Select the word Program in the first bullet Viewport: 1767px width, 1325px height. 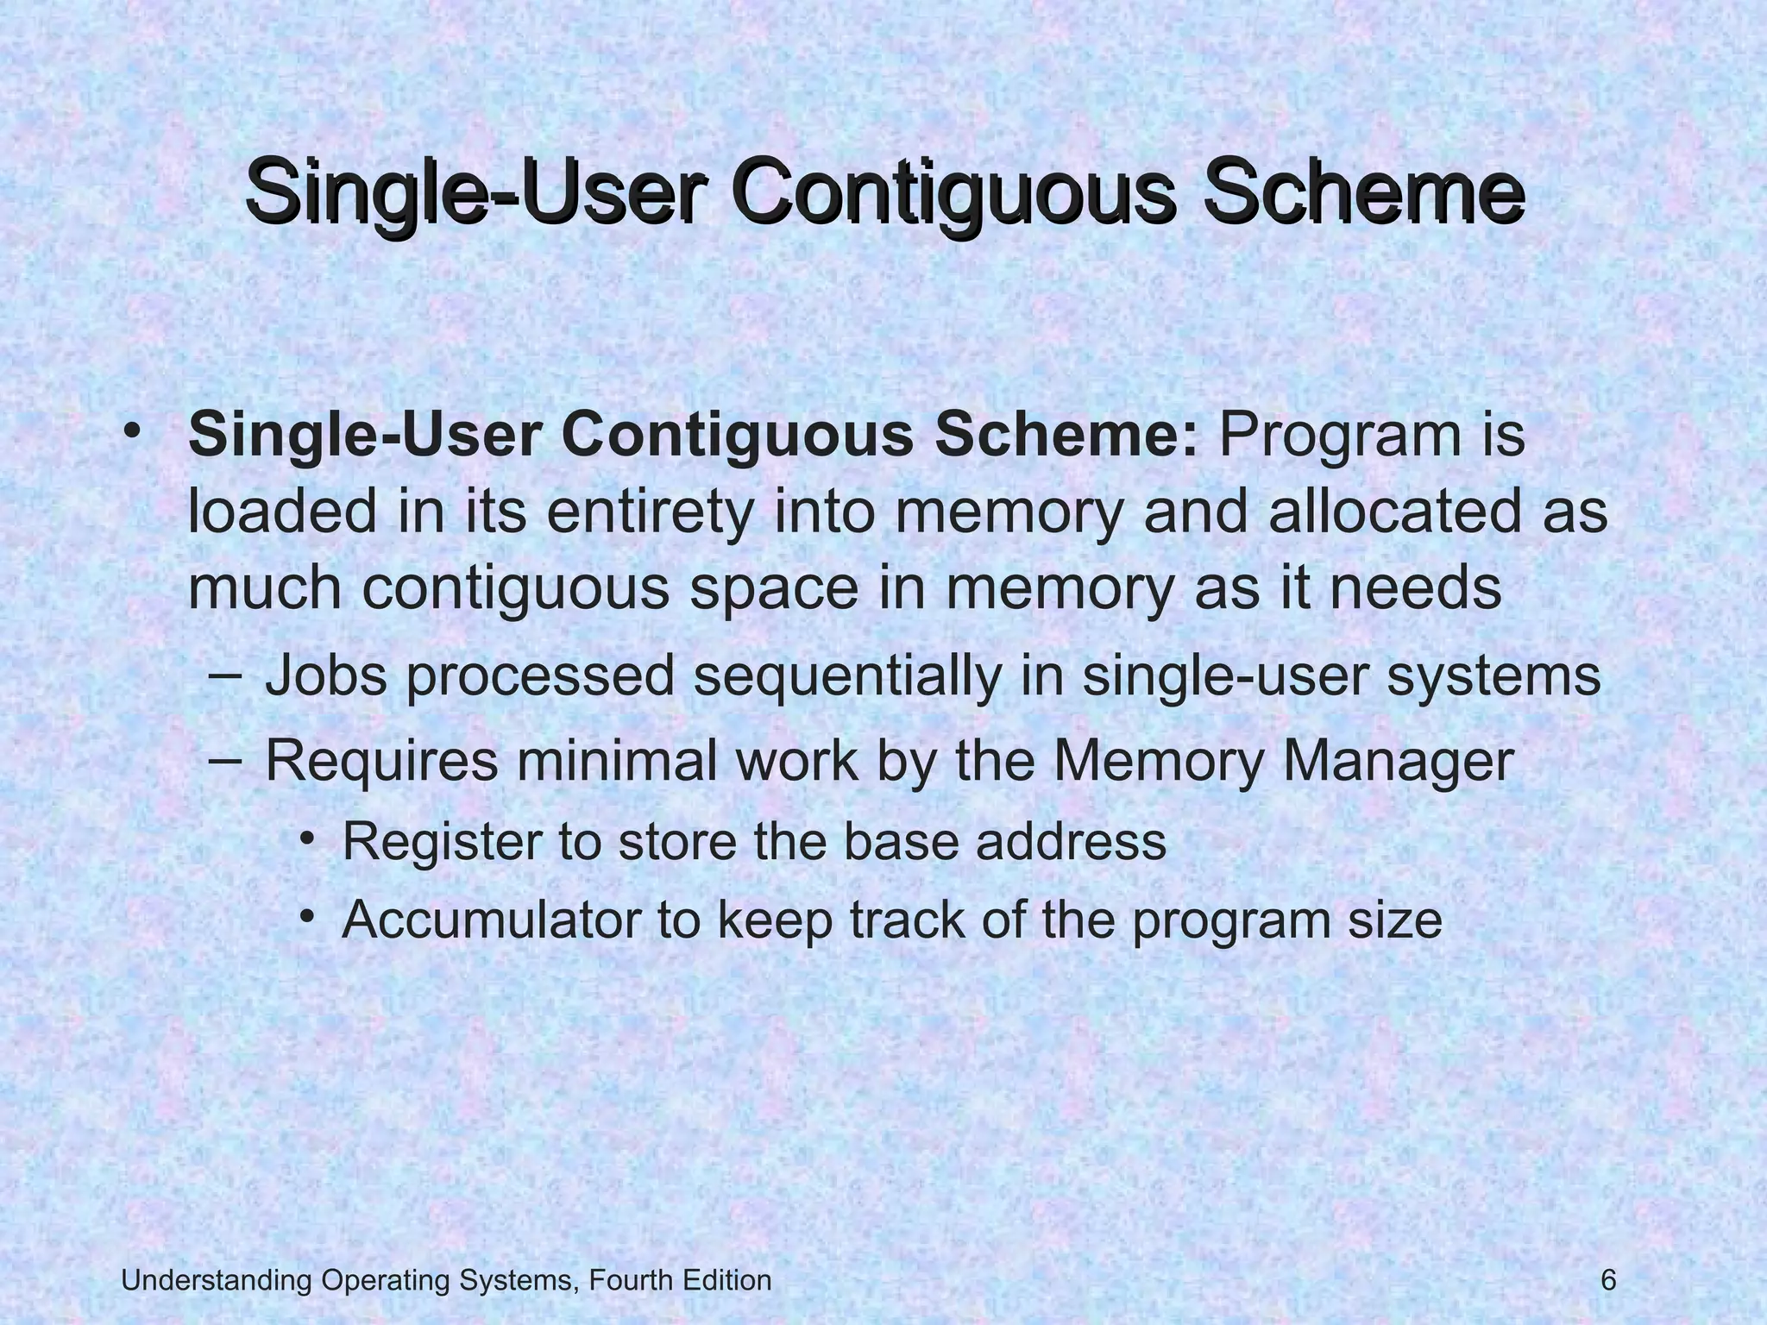[x=1330, y=436]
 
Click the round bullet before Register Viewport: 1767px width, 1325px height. [x=306, y=838]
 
